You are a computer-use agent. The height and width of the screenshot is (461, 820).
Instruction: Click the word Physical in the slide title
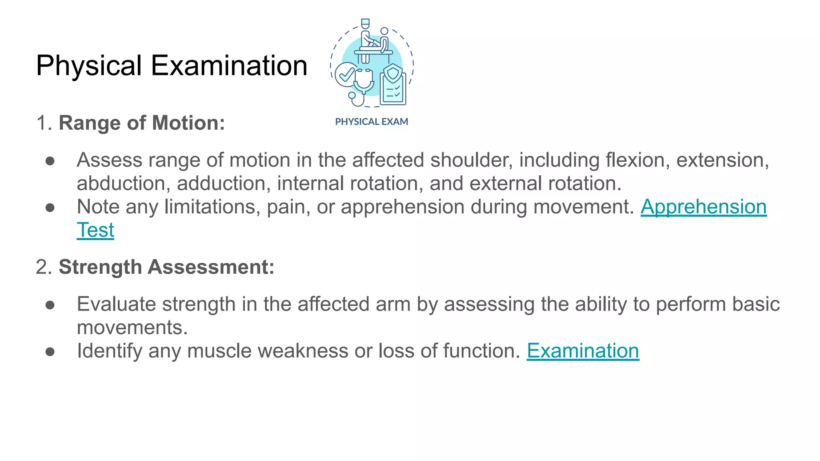point(89,66)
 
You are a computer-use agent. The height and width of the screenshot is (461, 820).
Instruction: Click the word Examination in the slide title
point(229,66)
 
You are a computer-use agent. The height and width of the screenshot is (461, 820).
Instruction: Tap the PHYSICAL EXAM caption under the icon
point(372,122)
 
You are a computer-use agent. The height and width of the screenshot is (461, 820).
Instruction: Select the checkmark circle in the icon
point(345,75)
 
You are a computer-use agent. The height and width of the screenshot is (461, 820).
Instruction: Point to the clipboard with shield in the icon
point(393,86)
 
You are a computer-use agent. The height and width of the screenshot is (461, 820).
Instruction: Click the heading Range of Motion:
point(142,123)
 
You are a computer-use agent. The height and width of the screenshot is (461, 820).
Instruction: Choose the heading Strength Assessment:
point(167,267)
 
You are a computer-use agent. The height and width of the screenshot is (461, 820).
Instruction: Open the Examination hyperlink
point(583,351)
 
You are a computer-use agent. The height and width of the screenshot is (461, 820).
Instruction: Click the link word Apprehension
point(703,207)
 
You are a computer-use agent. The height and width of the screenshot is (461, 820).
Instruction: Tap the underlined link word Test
point(95,230)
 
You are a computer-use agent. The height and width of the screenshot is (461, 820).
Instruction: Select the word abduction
point(121,183)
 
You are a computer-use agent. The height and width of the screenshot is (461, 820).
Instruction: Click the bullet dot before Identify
point(50,351)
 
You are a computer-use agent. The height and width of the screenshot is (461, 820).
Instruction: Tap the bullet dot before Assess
point(50,160)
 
